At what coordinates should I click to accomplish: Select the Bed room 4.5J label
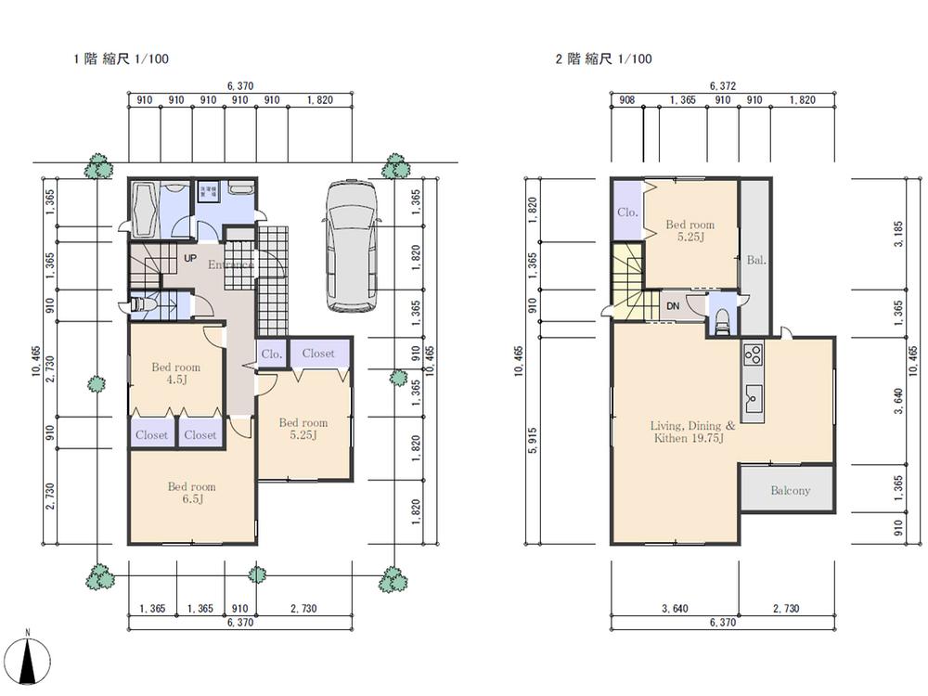(x=175, y=372)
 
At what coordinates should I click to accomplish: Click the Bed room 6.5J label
(x=191, y=493)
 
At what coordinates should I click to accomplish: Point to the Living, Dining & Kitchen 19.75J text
(x=692, y=432)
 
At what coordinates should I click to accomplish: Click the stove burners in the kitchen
(x=753, y=355)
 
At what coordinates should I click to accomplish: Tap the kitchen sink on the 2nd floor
(x=753, y=400)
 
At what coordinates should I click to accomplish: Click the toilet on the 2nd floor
(x=720, y=318)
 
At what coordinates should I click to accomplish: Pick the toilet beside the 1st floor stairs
(x=141, y=303)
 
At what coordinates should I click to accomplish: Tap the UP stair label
(x=190, y=258)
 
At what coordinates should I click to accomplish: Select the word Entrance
(x=230, y=264)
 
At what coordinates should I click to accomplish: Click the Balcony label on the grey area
(x=790, y=491)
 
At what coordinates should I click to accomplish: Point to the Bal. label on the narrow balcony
(x=754, y=261)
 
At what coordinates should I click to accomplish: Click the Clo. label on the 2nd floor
(x=627, y=212)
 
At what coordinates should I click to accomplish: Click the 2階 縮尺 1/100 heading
(x=603, y=59)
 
